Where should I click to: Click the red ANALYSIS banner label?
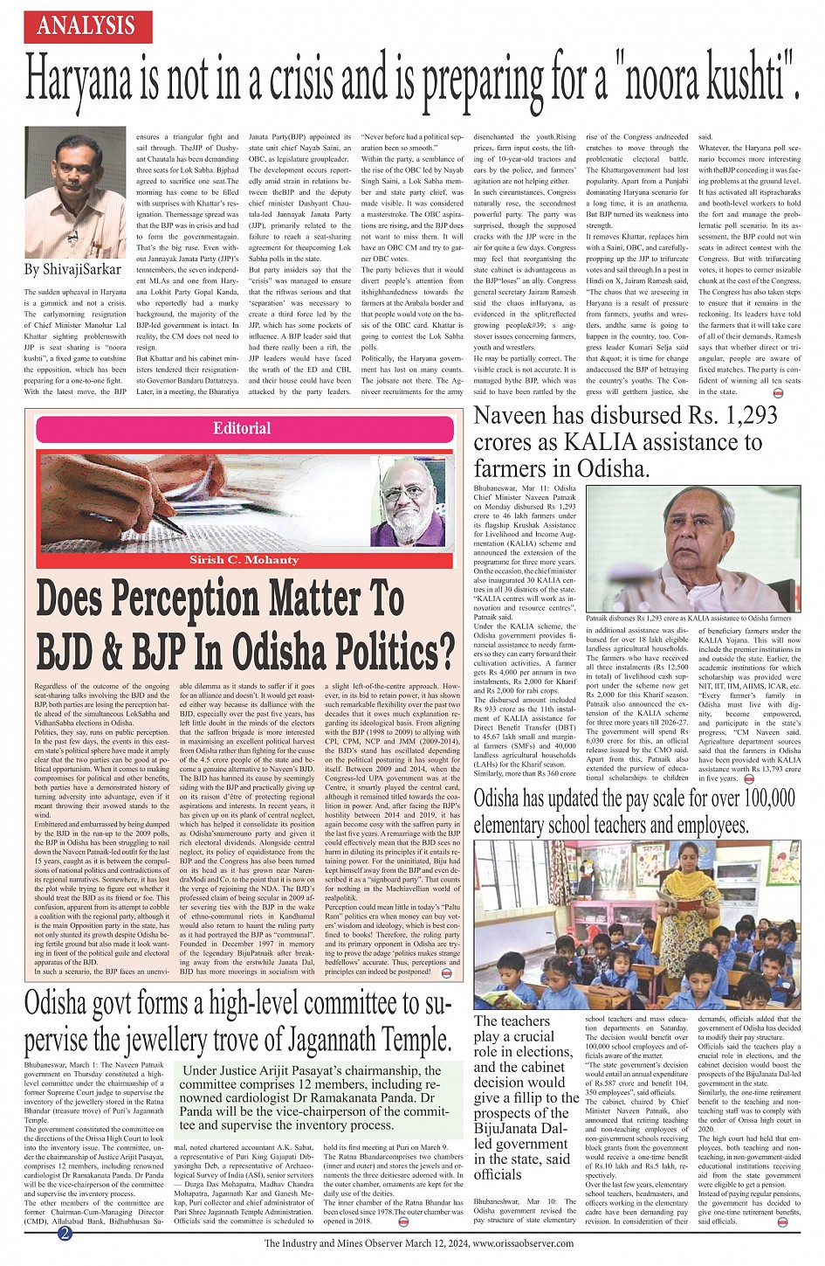pos(86,24)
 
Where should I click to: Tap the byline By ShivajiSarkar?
pos(73,269)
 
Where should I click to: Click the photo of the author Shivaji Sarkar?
pos(75,191)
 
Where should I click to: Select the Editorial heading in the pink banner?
pos(242,428)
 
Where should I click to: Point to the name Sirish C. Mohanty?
pos(244,560)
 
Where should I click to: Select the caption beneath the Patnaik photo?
pos(688,618)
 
